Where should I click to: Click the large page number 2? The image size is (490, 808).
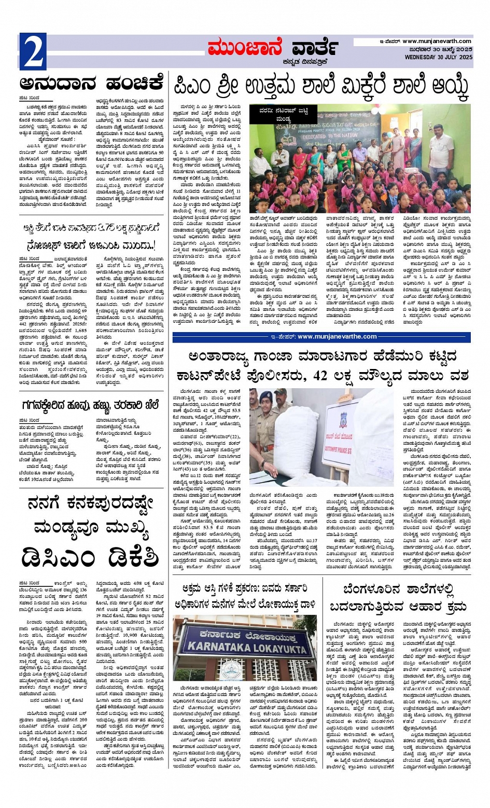pos(33,52)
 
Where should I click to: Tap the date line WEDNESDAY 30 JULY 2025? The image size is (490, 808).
pos(438,57)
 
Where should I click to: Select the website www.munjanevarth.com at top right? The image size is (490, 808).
pos(437,42)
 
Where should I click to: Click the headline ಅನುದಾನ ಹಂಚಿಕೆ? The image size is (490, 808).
pos(92,84)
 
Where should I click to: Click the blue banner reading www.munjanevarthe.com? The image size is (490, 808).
pos(321,337)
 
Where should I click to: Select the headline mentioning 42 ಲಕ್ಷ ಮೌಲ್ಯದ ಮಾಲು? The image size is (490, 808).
pos(321,365)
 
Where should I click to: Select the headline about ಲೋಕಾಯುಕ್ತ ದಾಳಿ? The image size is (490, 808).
pos(245,596)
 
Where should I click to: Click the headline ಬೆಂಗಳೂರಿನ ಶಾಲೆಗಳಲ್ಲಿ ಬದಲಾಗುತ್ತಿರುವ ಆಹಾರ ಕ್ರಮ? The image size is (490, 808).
pos(398,597)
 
